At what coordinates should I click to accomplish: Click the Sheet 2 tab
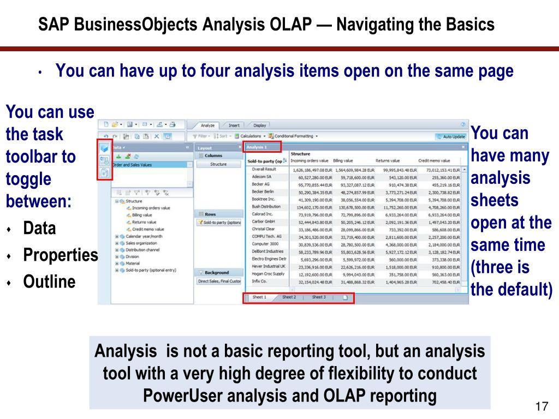(289, 297)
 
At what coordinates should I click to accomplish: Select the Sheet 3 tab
(319, 297)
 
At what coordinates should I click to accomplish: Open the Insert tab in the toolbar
(234, 125)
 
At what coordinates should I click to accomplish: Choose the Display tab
(260, 125)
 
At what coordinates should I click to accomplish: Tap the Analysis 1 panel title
(257, 147)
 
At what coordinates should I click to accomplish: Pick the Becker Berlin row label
(263, 192)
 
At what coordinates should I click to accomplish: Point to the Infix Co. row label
(259, 281)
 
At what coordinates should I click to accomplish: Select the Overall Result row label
(264, 170)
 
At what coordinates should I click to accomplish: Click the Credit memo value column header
(434, 161)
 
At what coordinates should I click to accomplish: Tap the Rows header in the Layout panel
(210, 214)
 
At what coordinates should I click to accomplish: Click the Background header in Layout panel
(217, 272)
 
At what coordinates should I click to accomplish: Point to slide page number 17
(541, 407)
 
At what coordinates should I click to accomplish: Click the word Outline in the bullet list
(49, 282)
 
